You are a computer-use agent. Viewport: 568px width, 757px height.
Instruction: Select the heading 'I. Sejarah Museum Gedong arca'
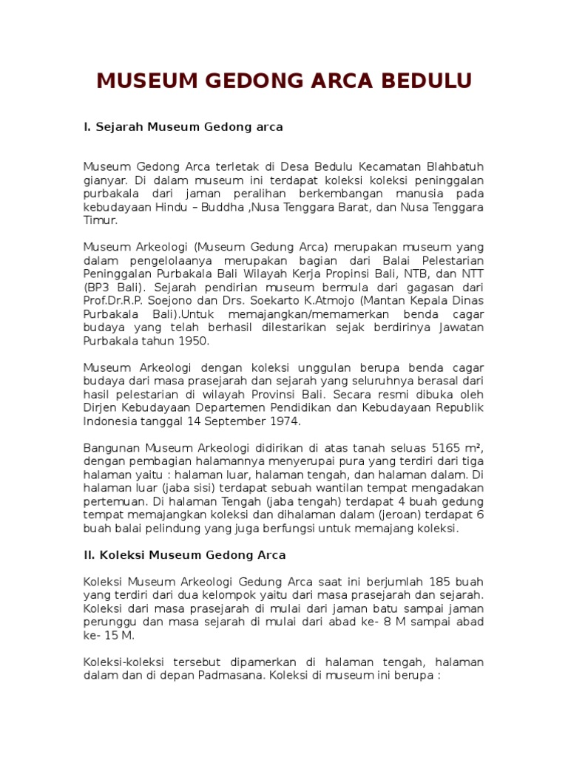click(183, 127)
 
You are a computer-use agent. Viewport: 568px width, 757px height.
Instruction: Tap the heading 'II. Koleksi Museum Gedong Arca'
click(184, 554)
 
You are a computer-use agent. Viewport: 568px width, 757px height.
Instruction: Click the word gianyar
click(104, 180)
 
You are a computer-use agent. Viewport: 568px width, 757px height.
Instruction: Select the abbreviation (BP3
click(97, 287)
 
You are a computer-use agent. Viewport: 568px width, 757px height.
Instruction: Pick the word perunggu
click(108, 622)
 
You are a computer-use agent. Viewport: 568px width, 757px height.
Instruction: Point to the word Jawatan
click(457, 327)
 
